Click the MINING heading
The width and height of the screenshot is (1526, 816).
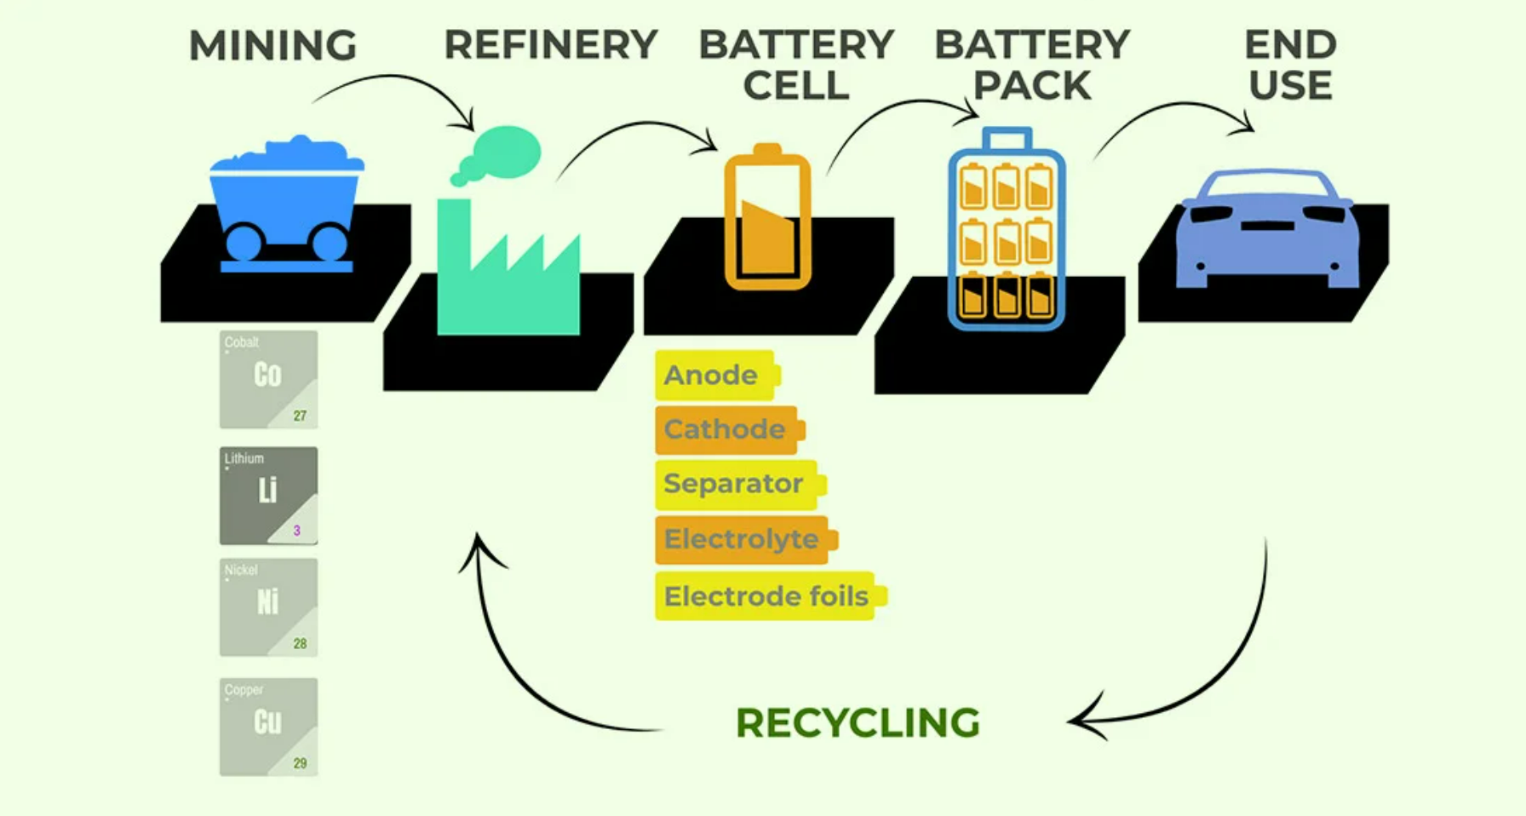pos(272,46)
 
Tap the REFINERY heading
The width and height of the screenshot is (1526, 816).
pos(551,45)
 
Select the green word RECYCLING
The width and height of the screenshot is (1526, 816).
pos(858,723)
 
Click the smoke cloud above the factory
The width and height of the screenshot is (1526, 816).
pos(501,152)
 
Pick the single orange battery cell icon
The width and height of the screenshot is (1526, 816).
pos(767,218)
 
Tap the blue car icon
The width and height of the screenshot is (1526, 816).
pos(1265,230)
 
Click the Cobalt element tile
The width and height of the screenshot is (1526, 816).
pos(268,379)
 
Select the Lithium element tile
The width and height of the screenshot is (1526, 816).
pos(268,495)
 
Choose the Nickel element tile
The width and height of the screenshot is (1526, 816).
pos(268,606)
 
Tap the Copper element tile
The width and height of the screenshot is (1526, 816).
pos(268,727)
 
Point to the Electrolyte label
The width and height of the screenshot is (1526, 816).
pos(742,539)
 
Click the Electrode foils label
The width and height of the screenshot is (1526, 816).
pos(766,596)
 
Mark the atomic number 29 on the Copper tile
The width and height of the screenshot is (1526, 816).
pos(300,763)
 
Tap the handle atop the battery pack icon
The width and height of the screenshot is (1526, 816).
pos(1007,138)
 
